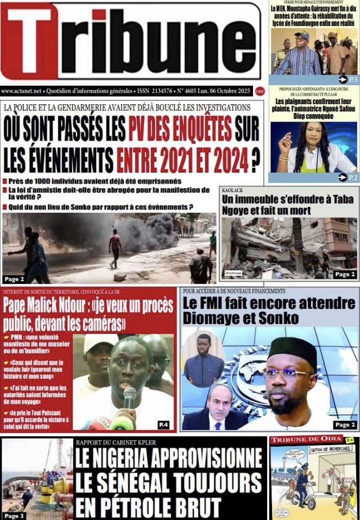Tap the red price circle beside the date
pos(260,91)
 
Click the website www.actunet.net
pos(22,91)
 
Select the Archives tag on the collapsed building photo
pos(233,273)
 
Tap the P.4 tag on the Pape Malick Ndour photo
pos(163,423)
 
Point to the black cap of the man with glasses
pos(293,350)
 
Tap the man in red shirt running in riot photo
pos(115,248)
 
